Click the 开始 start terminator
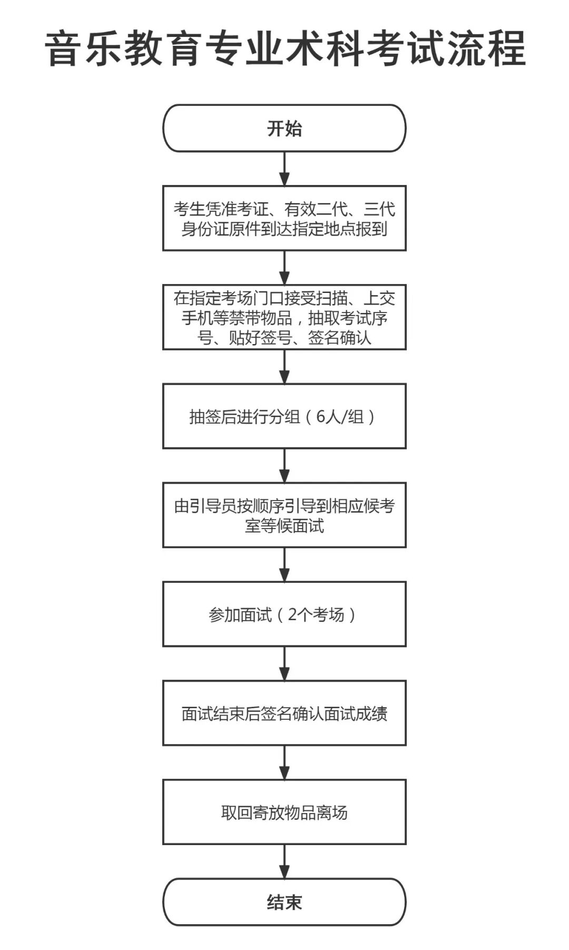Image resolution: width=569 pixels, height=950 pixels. pyautogui.click(x=284, y=129)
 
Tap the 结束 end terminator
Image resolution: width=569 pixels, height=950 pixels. pyautogui.click(x=284, y=902)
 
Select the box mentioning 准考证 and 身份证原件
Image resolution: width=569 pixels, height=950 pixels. pyautogui.click(x=284, y=218)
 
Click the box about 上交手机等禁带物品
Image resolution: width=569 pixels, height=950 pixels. pyautogui.click(x=284, y=317)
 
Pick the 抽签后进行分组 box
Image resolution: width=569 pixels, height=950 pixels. pyautogui.click(x=284, y=416)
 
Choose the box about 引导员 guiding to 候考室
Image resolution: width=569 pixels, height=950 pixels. pyautogui.click(x=284, y=515)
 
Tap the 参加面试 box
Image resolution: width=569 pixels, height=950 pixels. pyautogui.click(x=284, y=614)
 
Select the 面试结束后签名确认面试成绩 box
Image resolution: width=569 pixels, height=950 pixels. pyautogui.click(x=284, y=713)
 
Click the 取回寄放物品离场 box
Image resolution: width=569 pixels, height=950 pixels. pyautogui.click(x=284, y=812)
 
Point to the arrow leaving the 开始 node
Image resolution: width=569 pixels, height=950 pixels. pyautogui.click(x=284, y=169)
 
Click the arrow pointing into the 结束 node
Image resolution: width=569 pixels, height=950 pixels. pyautogui.click(x=284, y=861)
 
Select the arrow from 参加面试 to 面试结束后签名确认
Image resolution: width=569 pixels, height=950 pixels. pyautogui.click(x=284, y=663)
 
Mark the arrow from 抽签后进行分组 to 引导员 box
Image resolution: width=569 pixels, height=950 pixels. pyautogui.click(x=284, y=465)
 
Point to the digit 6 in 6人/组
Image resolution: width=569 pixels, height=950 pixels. pyautogui.click(x=321, y=417)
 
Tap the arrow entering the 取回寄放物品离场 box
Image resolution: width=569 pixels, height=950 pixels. pyautogui.click(x=284, y=762)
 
